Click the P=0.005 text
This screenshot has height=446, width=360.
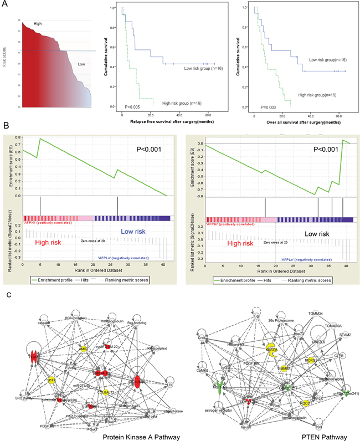(131, 105)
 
